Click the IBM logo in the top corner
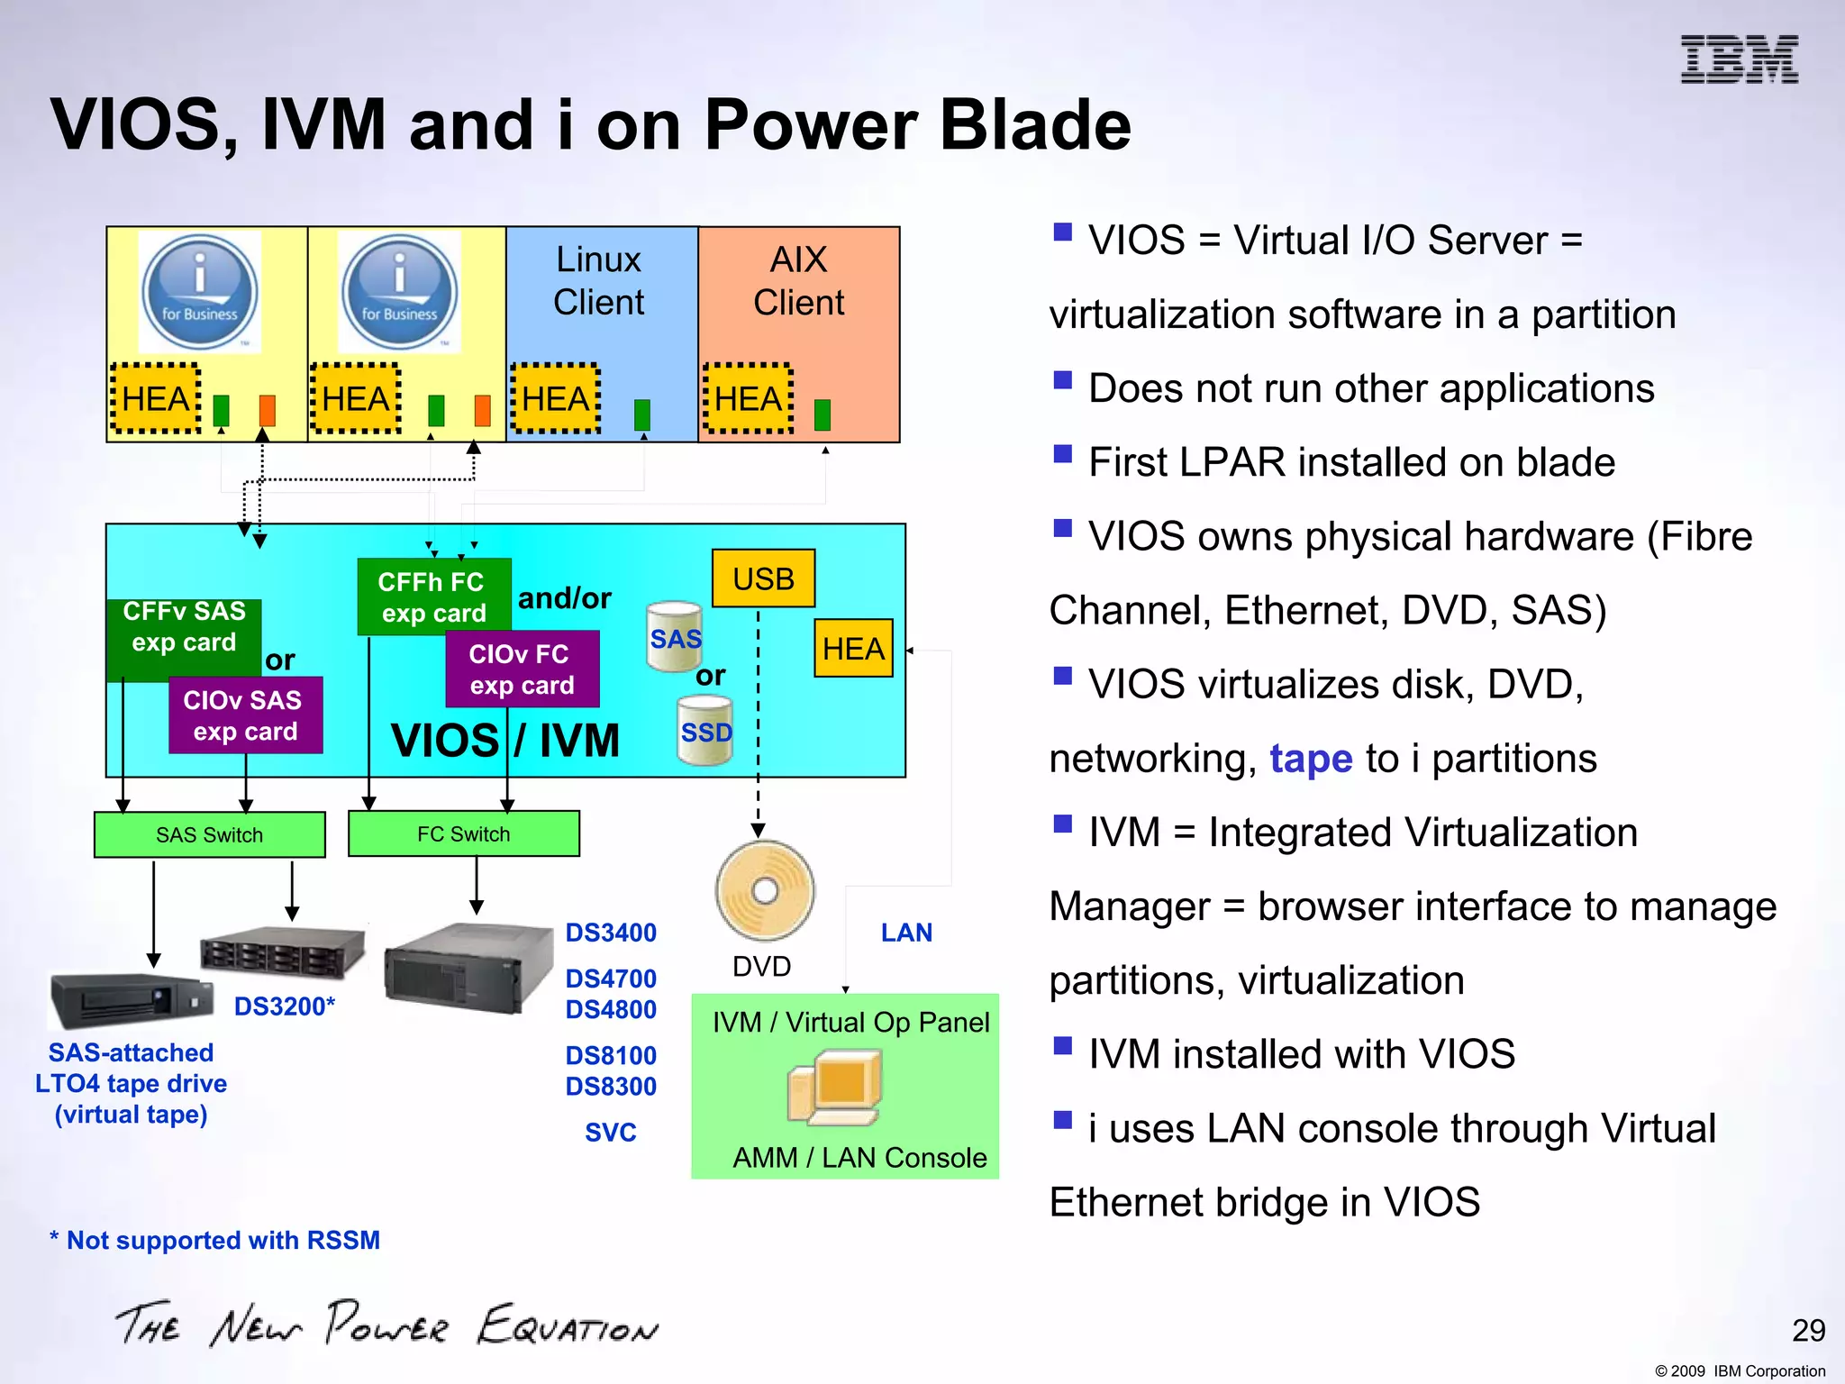click(x=1739, y=59)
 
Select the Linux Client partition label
click(x=598, y=280)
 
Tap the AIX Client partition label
click(x=798, y=280)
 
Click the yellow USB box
click(x=763, y=578)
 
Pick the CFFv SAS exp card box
click(x=184, y=627)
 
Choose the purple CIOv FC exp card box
click(x=522, y=669)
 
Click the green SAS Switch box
click(x=209, y=834)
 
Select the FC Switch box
click(x=463, y=833)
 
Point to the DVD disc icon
click(x=765, y=890)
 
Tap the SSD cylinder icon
click(x=705, y=731)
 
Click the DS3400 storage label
click(x=611, y=933)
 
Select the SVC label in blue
click(x=611, y=1132)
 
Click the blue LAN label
click(x=906, y=933)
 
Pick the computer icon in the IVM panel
click(x=834, y=1088)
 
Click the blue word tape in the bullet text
click(x=1311, y=759)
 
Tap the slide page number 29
click(x=1808, y=1330)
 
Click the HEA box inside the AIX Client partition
click(x=748, y=399)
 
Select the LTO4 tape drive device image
click(x=131, y=1000)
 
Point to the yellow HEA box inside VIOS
click(x=852, y=648)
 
